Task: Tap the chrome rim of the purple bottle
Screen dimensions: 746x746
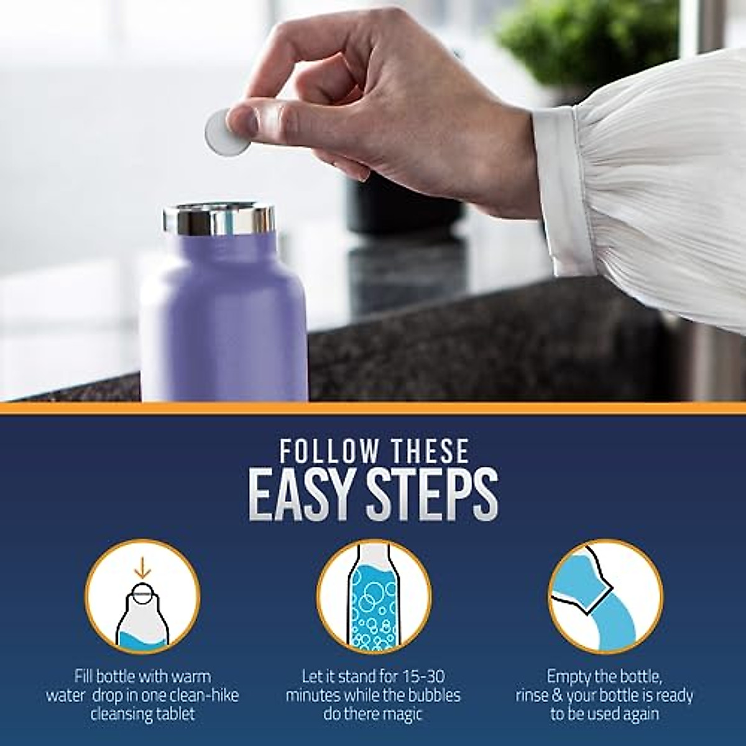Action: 219,219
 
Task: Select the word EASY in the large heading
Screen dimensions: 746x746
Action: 298,495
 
